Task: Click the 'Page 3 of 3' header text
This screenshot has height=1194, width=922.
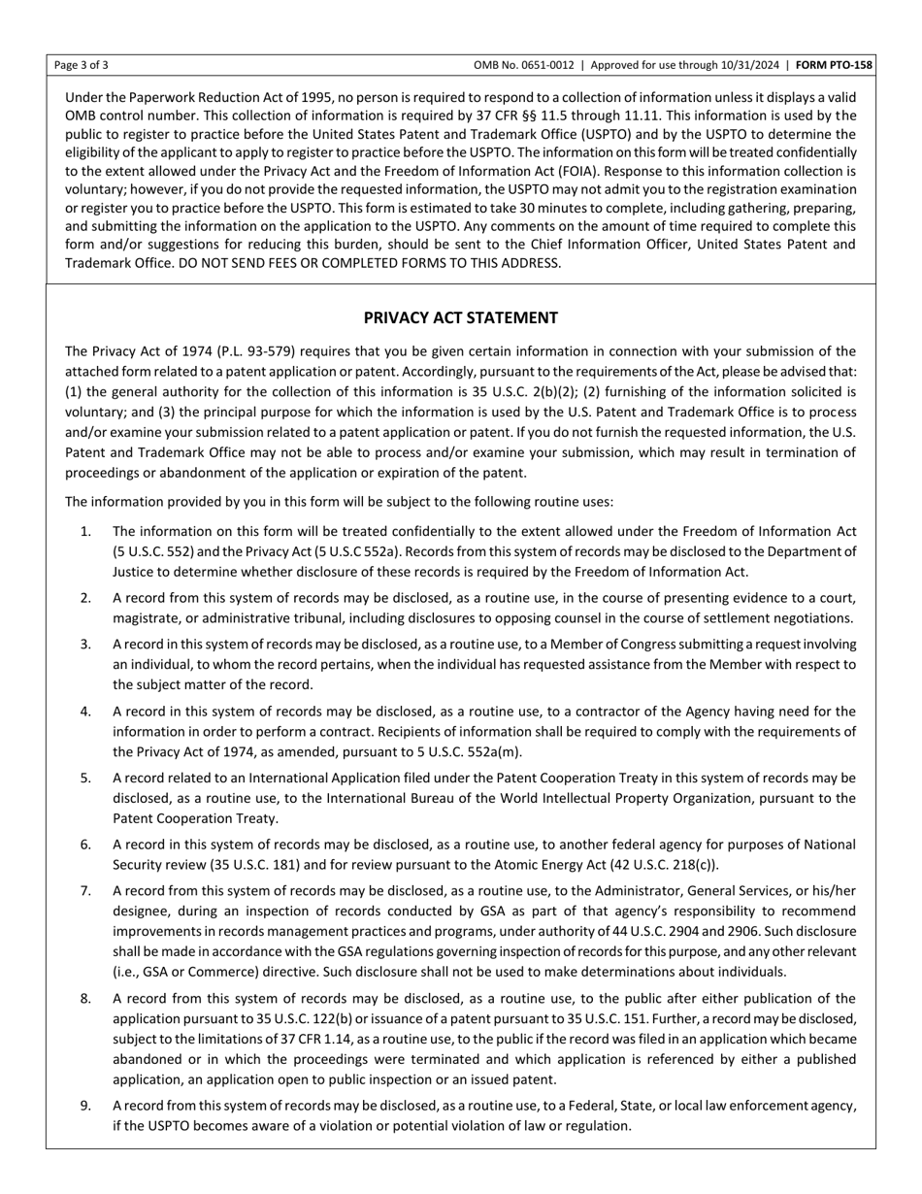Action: click(82, 66)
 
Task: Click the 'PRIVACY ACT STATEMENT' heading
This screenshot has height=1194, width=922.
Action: click(460, 317)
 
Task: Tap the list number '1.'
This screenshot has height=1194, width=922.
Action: click(86, 531)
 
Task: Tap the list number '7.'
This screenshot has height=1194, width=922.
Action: click(86, 890)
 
